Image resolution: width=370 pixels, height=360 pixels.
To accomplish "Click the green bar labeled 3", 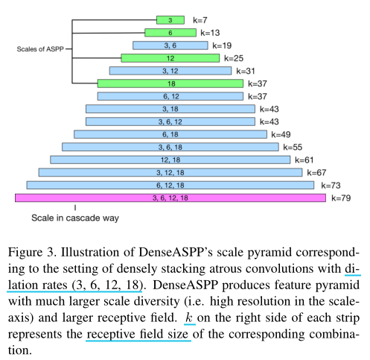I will coord(170,20).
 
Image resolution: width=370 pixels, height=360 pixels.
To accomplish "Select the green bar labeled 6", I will coord(170,33).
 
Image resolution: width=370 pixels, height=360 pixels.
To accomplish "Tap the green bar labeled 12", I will coord(170,58).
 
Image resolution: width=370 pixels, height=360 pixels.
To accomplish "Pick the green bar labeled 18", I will coord(170,83).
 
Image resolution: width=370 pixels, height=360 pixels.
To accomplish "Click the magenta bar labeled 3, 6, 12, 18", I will coord(170,198).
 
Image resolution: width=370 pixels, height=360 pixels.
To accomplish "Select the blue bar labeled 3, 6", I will coord(170,45).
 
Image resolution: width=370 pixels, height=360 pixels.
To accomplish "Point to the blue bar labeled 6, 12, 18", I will coord(170,185).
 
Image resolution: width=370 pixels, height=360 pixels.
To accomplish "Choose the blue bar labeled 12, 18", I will coord(170,160).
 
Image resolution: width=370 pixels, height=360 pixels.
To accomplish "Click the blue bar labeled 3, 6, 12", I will coord(170,121).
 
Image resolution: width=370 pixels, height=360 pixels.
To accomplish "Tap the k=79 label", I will coord(340,198).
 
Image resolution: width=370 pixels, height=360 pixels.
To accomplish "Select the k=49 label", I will coord(281,134).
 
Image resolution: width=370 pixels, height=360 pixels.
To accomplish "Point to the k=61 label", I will coord(304,160).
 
